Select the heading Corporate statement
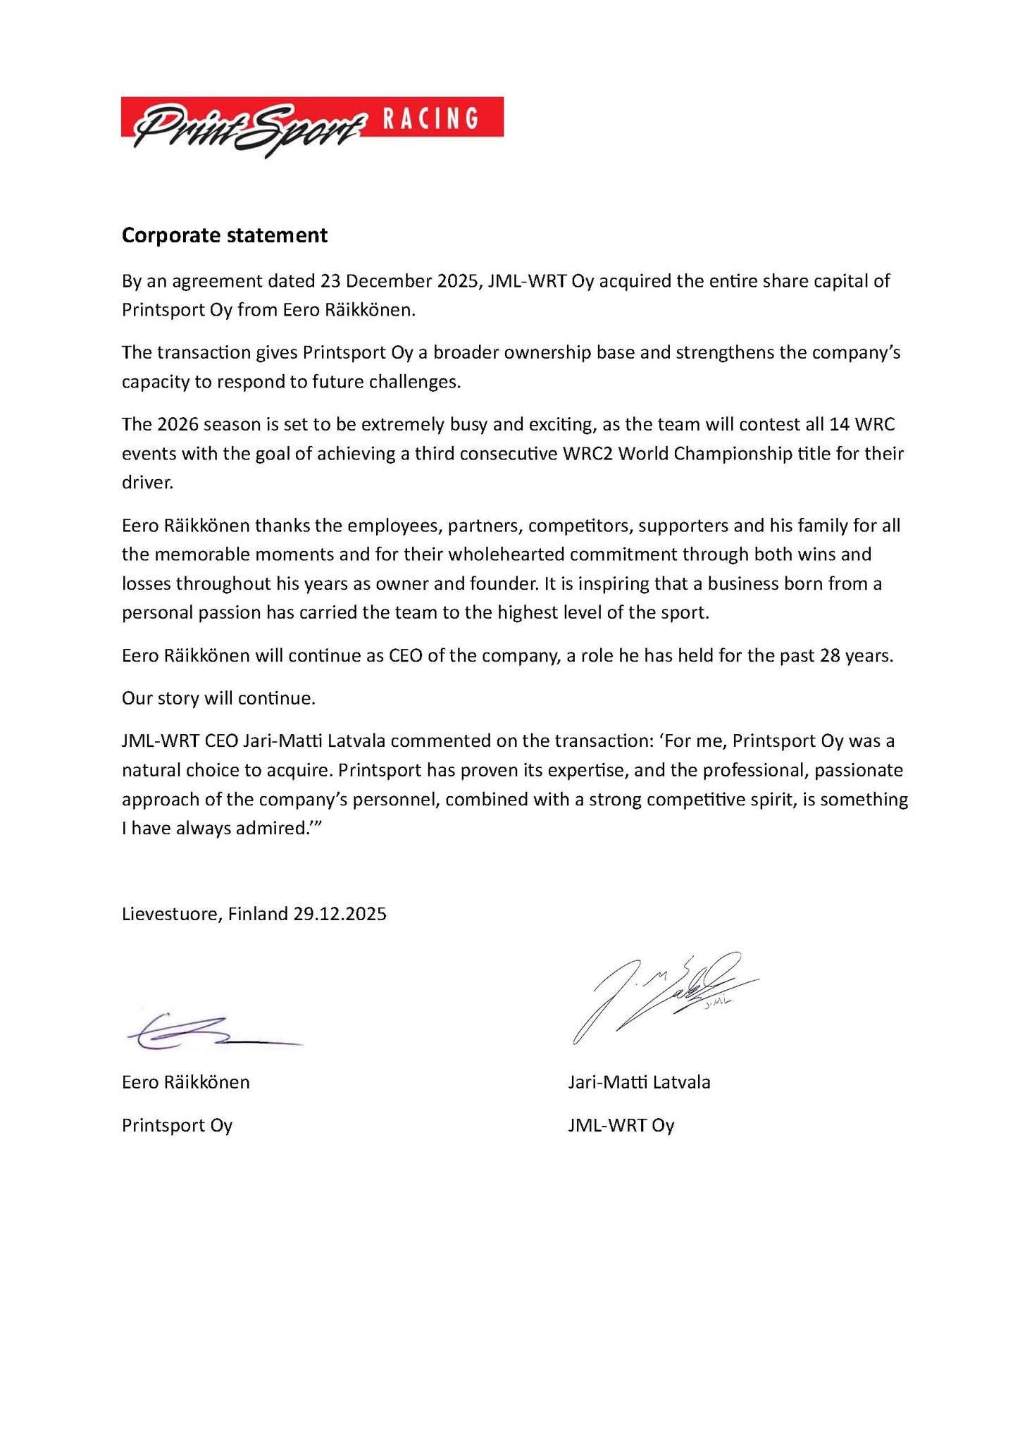pos(224,235)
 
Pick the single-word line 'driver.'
pos(147,482)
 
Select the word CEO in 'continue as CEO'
pos(405,655)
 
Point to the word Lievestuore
pos(172,914)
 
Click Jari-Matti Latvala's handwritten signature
pos(662,993)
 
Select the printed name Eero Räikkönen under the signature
pos(185,1082)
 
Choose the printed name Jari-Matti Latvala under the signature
pos(639,1082)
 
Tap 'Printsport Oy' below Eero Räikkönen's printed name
pos(177,1125)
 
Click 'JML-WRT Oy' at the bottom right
pos(621,1125)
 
